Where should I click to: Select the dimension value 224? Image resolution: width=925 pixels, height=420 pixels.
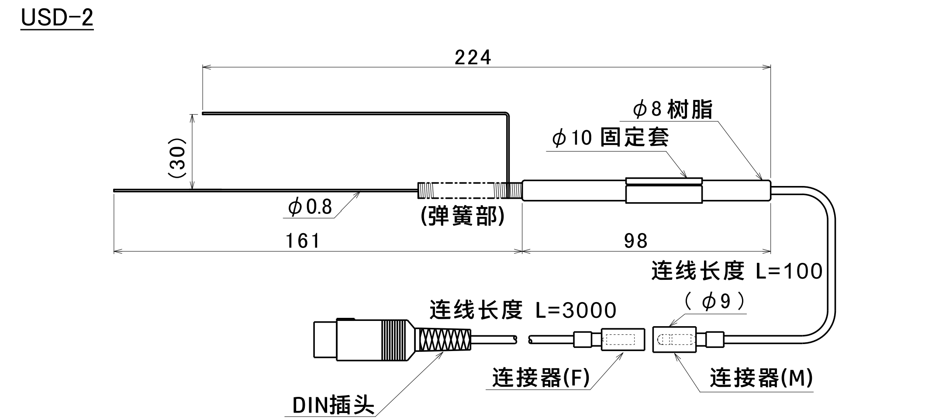pyautogui.click(x=473, y=58)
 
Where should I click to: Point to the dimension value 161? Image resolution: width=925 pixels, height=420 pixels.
pyautogui.click(x=303, y=241)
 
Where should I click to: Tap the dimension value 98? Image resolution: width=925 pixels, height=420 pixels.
pyautogui.click(x=635, y=241)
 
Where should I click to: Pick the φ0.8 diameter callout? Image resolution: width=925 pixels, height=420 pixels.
pyautogui.click(x=310, y=207)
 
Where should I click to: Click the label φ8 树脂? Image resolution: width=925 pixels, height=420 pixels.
pyautogui.click(x=673, y=109)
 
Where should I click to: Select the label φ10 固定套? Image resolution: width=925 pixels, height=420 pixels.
pyautogui.click(x=610, y=138)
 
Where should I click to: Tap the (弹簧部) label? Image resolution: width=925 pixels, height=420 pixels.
pyautogui.click(x=462, y=216)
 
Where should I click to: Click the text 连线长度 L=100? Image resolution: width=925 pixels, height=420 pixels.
pyautogui.click(x=737, y=271)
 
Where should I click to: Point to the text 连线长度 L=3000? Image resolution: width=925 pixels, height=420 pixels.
pyautogui.click(x=523, y=310)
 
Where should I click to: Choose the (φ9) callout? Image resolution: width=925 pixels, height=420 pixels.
pyautogui.click(x=715, y=302)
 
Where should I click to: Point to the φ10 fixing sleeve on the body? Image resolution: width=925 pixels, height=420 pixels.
pyautogui.click(x=664, y=191)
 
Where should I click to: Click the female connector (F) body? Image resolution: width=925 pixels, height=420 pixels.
pyautogui.click(x=622, y=339)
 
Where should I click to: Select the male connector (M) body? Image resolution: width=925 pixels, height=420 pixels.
pyautogui.click(x=674, y=339)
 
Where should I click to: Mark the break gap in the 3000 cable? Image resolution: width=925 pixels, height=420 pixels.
pyautogui.click(x=523, y=339)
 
